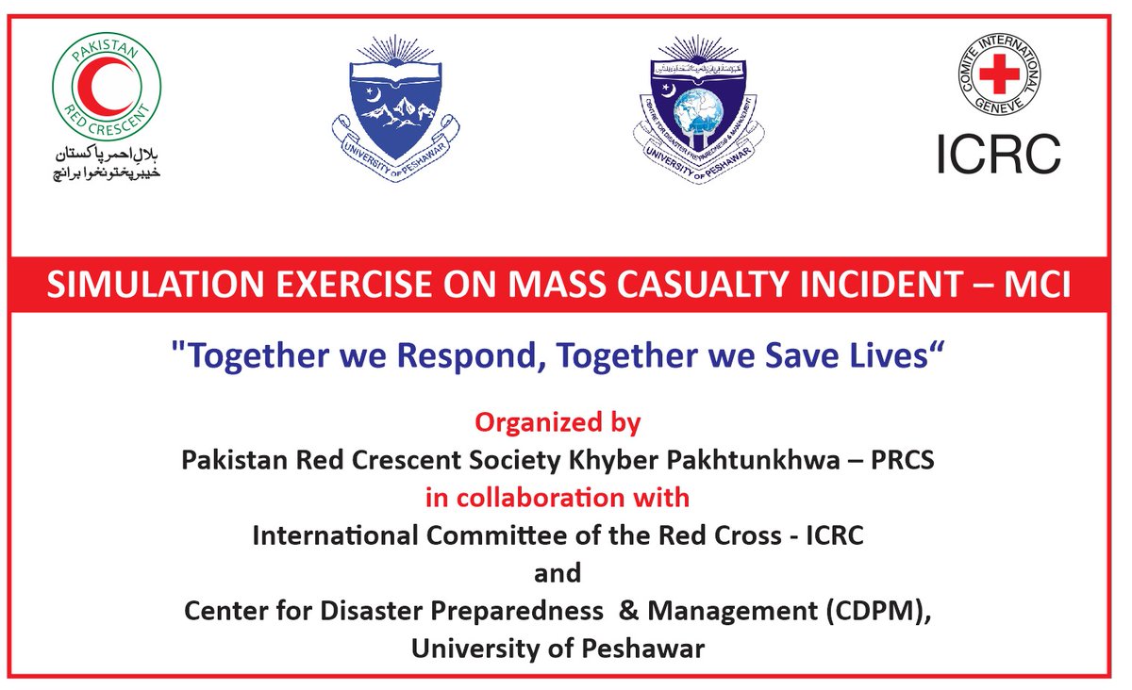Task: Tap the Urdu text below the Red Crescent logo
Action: point(106,161)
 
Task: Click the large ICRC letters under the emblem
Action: point(998,154)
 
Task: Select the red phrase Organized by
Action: point(558,422)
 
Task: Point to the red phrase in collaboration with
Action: point(558,497)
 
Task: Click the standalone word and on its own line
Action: point(558,572)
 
